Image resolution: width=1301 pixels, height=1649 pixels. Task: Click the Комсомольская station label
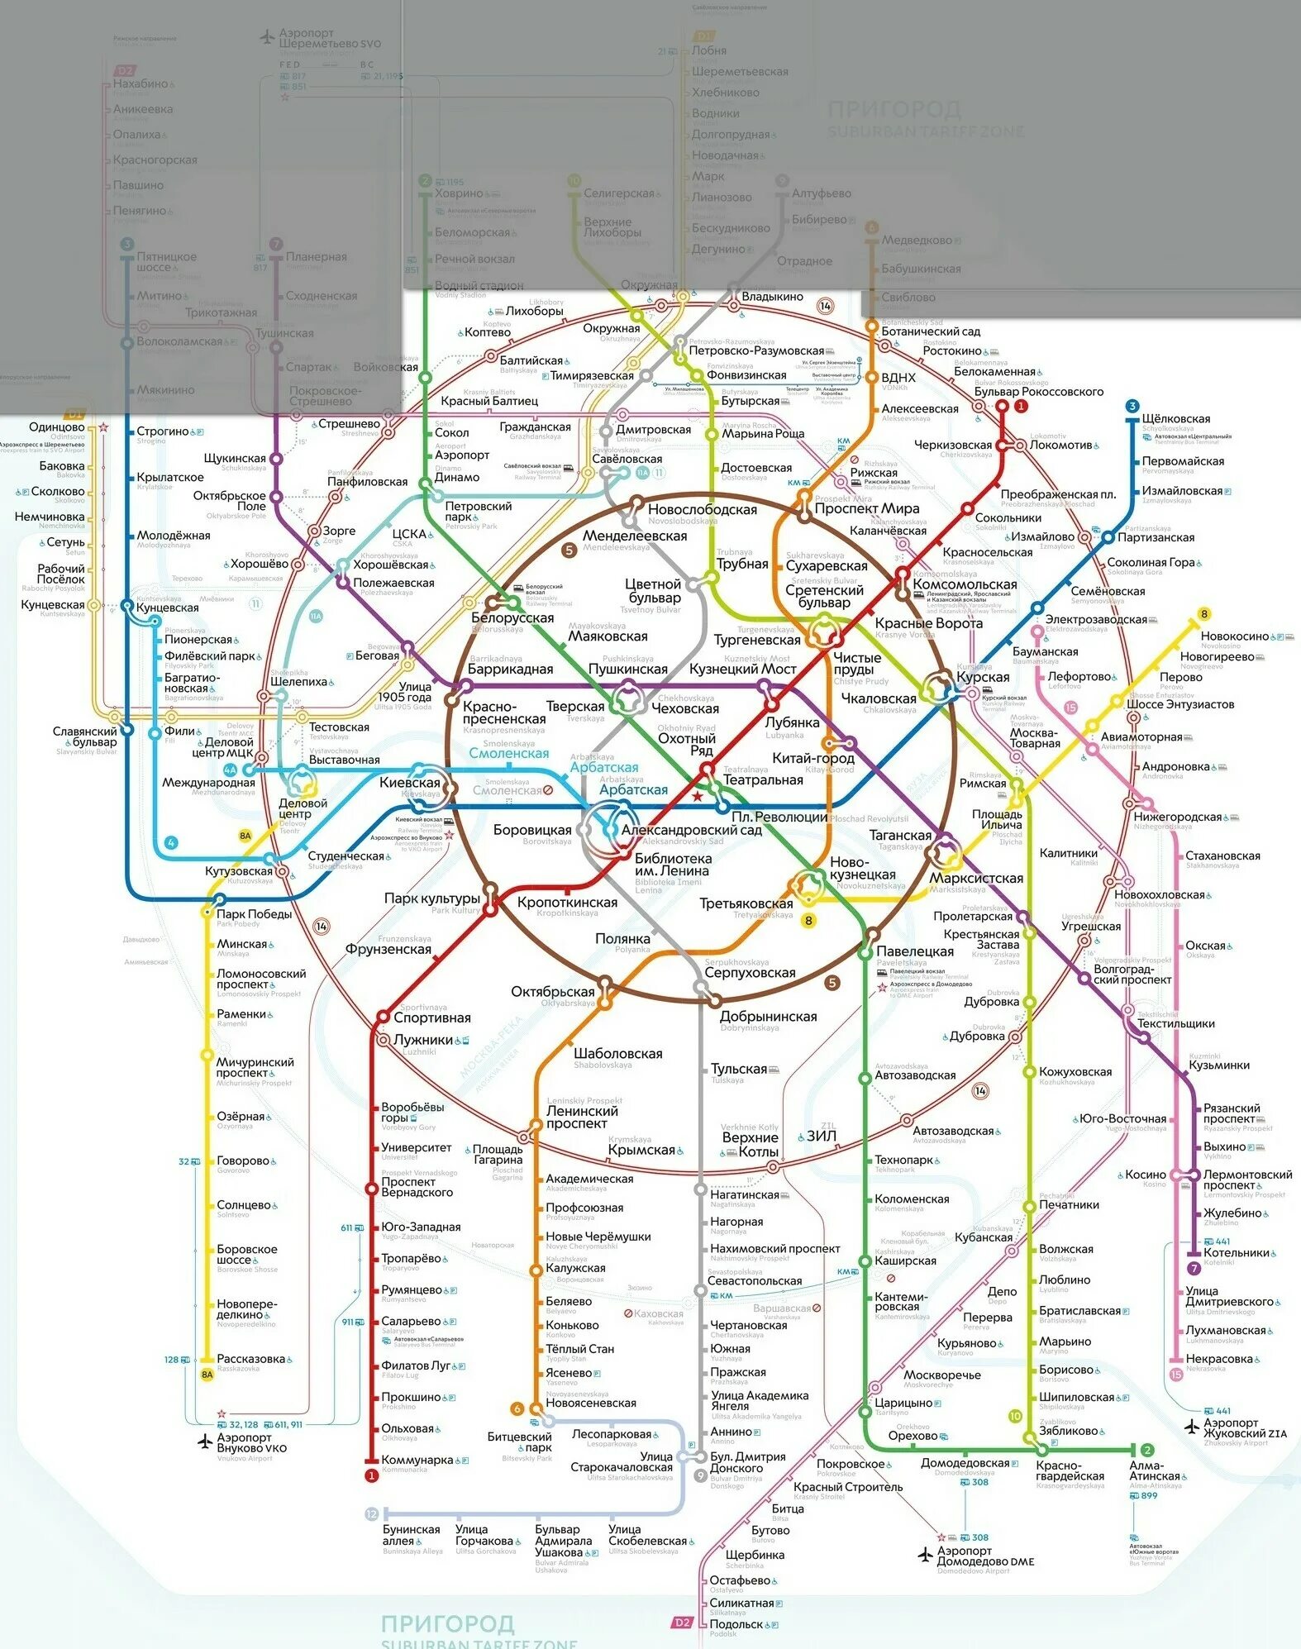coord(965,584)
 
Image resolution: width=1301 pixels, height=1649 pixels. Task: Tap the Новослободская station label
coord(702,509)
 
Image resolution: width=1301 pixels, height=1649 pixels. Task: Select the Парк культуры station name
coord(431,898)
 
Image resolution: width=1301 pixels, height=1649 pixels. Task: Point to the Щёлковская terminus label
coord(1176,419)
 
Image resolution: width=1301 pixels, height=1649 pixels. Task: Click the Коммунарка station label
coord(417,1461)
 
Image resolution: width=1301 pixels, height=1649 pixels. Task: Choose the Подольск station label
coord(736,1624)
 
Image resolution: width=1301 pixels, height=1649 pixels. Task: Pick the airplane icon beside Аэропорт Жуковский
coord(1191,1427)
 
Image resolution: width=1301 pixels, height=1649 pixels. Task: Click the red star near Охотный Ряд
coord(698,796)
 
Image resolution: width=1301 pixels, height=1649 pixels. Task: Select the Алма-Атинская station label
coord(1156,1470)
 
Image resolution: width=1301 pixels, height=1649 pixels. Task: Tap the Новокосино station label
coord(1234,636)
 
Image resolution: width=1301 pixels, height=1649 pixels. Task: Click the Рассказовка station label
coord(250,1359)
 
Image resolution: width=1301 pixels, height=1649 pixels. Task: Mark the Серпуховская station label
coord(751,973)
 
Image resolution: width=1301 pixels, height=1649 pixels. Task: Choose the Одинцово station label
coord(56,427)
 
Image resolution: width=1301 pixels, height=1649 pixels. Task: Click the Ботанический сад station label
coord(931,331)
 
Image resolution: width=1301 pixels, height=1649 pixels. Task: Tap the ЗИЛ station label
coord(821,1136)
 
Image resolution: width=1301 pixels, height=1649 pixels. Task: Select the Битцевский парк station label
coord(519,1442)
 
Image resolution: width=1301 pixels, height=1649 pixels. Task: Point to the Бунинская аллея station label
coord(411,1535)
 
